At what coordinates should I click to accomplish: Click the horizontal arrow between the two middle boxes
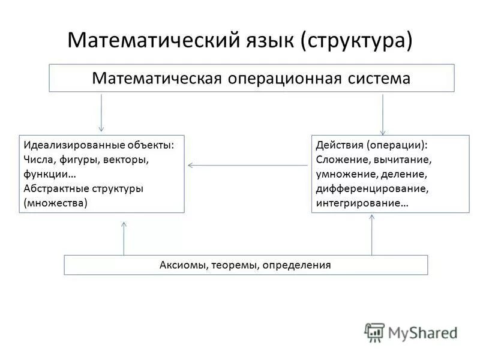click(x=247, y=165)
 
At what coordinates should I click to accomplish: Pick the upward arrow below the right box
click(x=372, y=234)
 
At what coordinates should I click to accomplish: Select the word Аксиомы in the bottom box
click(x=182, y=265)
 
